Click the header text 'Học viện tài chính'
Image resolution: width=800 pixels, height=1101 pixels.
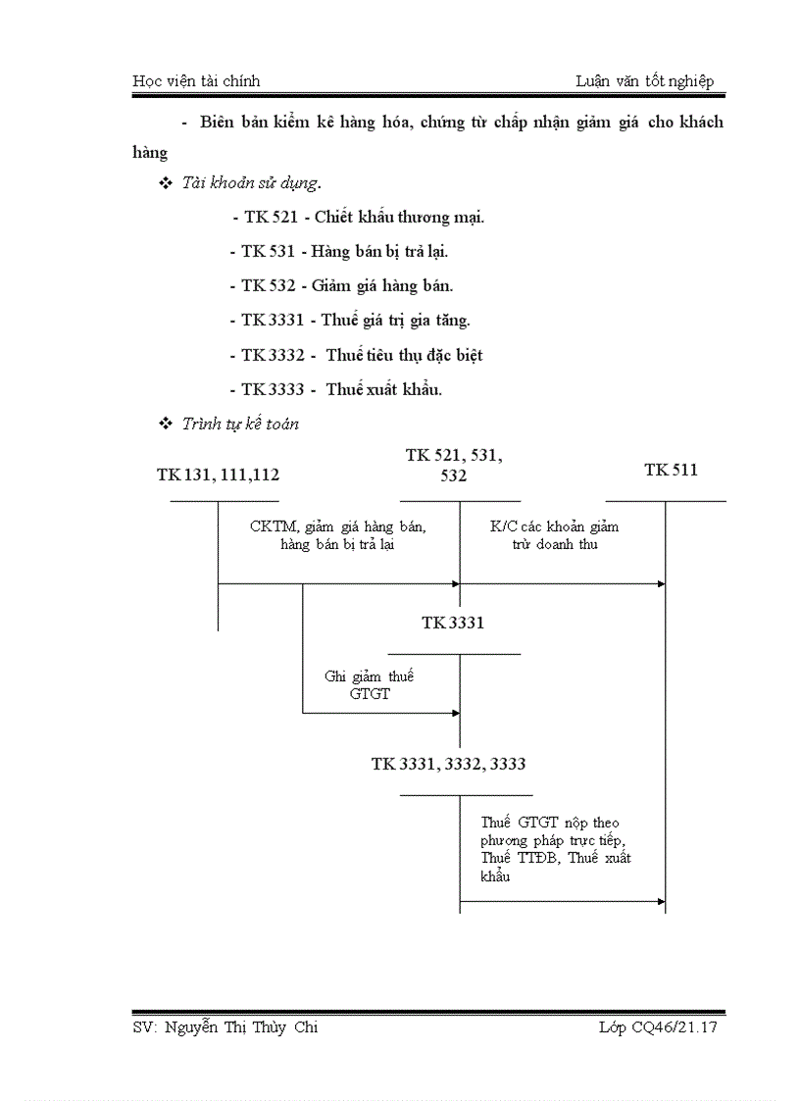point(196,81)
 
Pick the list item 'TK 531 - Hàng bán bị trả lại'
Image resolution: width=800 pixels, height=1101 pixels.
point(338,251)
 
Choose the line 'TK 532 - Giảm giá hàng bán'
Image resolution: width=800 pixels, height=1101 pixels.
point(341,285)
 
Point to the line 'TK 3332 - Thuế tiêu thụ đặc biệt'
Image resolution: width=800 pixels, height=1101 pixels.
point(356,355)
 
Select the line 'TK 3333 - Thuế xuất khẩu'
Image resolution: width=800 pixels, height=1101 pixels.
point(335,389)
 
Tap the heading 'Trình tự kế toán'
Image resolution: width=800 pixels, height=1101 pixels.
point(240,424)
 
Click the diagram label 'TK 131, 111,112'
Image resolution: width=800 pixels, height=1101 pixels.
point(218,475)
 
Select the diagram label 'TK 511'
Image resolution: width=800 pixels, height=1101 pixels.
point(671,471)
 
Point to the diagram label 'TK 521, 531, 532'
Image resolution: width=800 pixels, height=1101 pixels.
point(454,465)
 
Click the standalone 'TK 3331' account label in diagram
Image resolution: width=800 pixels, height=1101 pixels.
point(453,623)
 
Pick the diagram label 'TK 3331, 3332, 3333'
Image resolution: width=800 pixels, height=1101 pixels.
point(454,764)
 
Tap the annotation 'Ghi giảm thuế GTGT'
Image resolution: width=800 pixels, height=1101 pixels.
point(370,684)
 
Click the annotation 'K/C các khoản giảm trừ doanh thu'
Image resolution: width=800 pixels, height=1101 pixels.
point(555,534)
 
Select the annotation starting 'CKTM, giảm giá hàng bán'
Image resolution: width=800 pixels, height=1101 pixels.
point(337,534)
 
